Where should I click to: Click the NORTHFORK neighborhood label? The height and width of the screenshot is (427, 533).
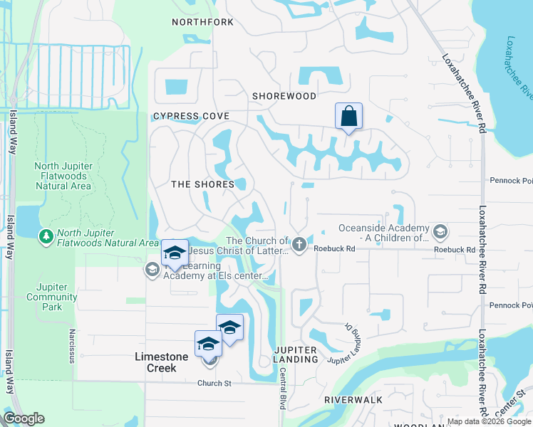point(202,22)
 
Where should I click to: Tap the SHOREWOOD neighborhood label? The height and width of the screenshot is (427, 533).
point(284,95)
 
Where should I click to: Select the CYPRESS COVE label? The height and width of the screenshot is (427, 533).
point(191,116)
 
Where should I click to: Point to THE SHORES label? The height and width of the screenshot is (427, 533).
point(203,184)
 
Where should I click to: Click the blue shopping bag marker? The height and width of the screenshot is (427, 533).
point(348,117)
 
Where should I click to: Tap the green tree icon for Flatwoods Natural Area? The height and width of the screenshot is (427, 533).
point(46,235)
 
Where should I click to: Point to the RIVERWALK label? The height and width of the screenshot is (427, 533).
point(348,400)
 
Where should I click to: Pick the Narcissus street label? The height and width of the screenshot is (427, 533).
point(72,346)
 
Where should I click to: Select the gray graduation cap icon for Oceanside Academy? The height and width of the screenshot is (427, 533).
point(440,231)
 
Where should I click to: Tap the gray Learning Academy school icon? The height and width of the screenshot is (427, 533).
point(151,269)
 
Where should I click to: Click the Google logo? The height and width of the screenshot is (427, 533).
point(24,418)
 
